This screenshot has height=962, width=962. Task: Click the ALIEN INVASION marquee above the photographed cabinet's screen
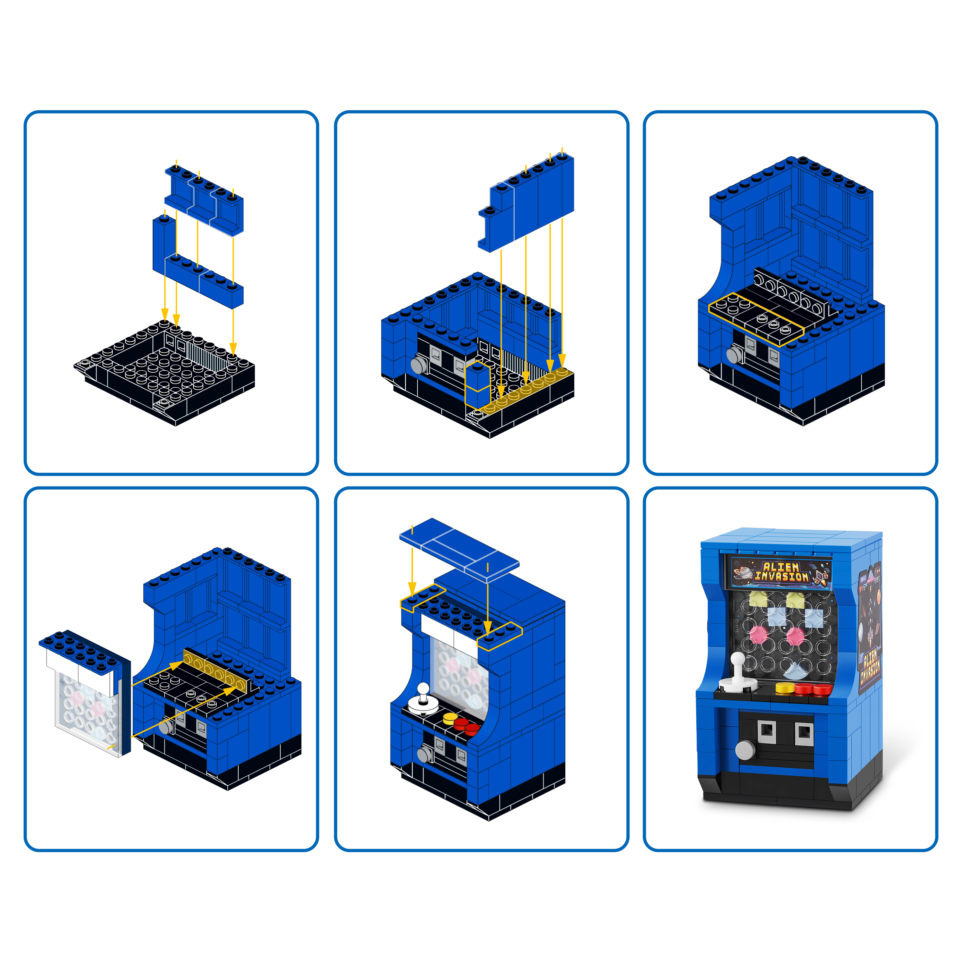[x=781, y=572]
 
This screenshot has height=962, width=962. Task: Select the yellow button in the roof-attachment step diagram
[x=450, y=718]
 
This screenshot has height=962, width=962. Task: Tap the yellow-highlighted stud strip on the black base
[x=528, y=391]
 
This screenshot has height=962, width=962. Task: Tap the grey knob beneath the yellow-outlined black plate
[x=734, y=355]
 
